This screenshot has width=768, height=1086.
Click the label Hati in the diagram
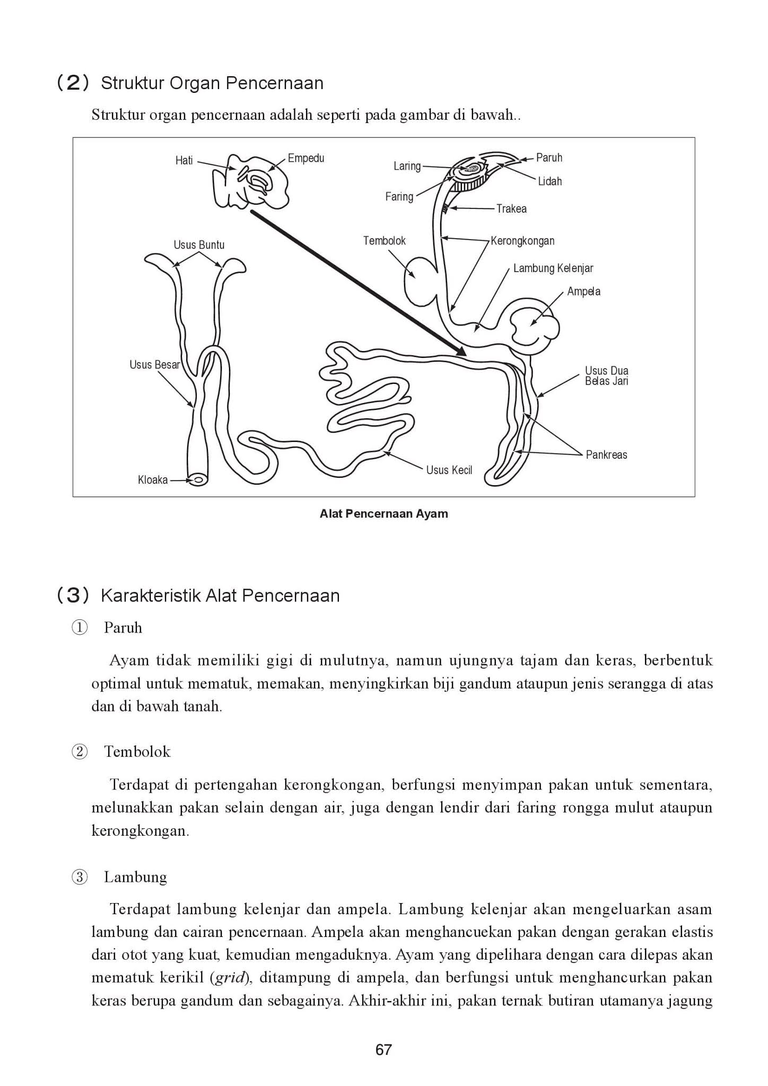click(x=184, y=160)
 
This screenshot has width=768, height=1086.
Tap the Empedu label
click(x=306, y=158)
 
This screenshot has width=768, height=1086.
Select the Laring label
click(x=407, y=166)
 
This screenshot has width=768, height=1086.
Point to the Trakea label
click(x=511, y=208)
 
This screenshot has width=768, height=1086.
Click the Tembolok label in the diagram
click(x=384, y=241)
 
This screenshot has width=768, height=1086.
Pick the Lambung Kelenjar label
click(x=553, y=268)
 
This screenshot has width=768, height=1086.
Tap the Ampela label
click(x=583, y=291)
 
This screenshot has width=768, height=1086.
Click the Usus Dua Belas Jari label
click(x=606, y=375)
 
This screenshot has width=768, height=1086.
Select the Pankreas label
click(x=606, y=454)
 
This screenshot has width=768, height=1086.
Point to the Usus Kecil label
click(x=449, y=470)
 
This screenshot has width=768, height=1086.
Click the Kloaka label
click(x=153, y=480)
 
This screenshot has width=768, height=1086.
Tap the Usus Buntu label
click(x=199, y=245)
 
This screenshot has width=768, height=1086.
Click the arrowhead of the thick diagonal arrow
click(x=461, y=352)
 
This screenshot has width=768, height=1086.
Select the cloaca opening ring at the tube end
click(x=199, y=480)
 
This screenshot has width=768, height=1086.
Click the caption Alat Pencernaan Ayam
click(x=383, y=513)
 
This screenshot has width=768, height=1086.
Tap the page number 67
click(x=383, y=1049)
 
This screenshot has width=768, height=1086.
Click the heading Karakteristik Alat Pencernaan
click(x=220, y=595)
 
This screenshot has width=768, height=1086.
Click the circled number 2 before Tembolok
click(x=80, y=752)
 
